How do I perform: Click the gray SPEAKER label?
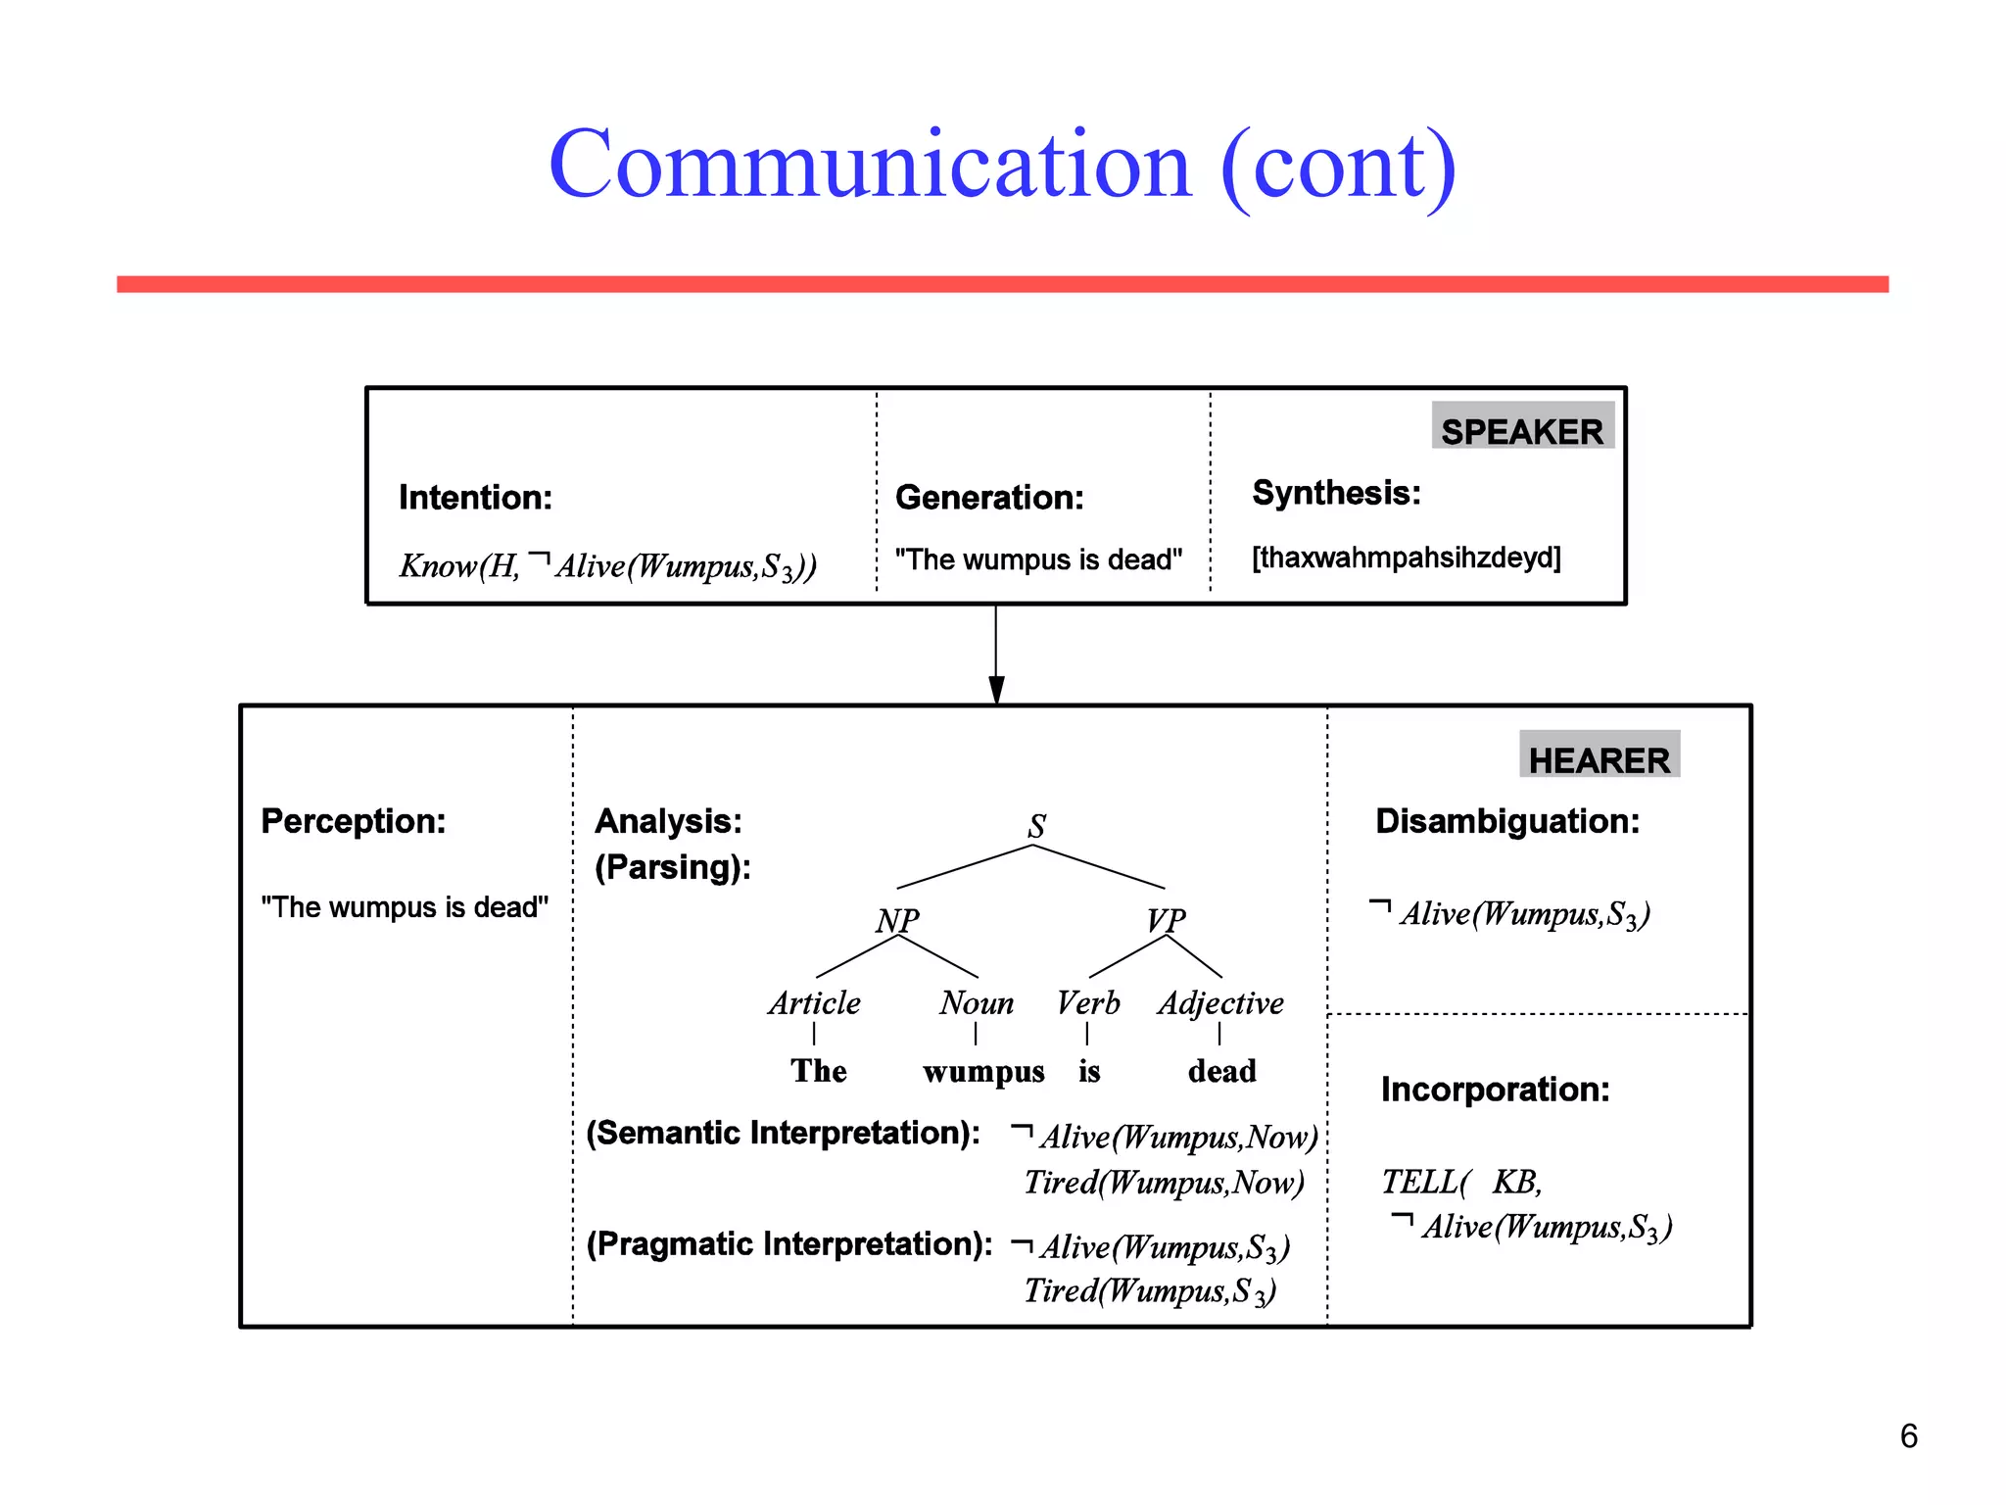(1521, 430)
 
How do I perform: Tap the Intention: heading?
(475, 498)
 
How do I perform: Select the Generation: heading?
(989, 498)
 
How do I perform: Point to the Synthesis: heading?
(1336, 493)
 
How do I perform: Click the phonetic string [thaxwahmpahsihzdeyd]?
(1406, 558)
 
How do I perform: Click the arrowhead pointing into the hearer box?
(996, 689)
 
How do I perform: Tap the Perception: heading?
(353, 821)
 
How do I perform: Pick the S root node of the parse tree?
(1036, 826)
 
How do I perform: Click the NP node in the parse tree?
(897, 920)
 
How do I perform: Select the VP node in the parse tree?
(1166, 920)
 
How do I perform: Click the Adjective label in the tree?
(1220, 1003)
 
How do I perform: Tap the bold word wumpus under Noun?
(983, 1072)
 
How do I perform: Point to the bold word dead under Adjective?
(1221, 1071)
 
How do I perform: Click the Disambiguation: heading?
(1506, 821)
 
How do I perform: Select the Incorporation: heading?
(1495, 1090)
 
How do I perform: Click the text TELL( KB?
(1461, 1183)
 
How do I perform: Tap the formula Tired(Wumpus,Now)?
(1164, 1183)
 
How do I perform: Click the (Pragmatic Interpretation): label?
(789, 1244)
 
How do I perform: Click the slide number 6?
(1908, 1436)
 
